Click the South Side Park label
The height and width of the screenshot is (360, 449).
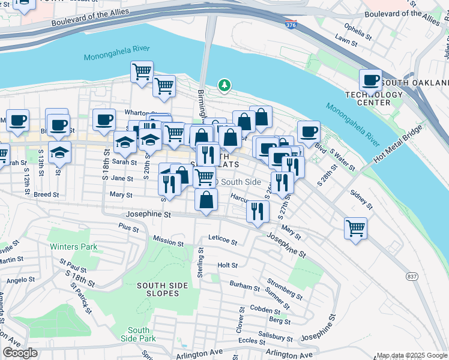[139, 335]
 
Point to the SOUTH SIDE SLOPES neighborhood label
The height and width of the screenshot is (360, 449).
[158, 289]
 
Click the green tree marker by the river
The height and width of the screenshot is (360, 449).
[224, 86]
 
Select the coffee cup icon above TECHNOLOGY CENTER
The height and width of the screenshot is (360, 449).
[371, 80]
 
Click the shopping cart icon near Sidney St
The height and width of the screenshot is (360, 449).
[355, 228]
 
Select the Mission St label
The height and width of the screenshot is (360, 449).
[168, 241]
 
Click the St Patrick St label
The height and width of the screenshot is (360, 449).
[81, 298]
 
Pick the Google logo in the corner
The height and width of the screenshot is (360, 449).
[20, 353]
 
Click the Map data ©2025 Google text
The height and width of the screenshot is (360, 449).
[412, 355]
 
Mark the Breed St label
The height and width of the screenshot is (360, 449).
[46, 194]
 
